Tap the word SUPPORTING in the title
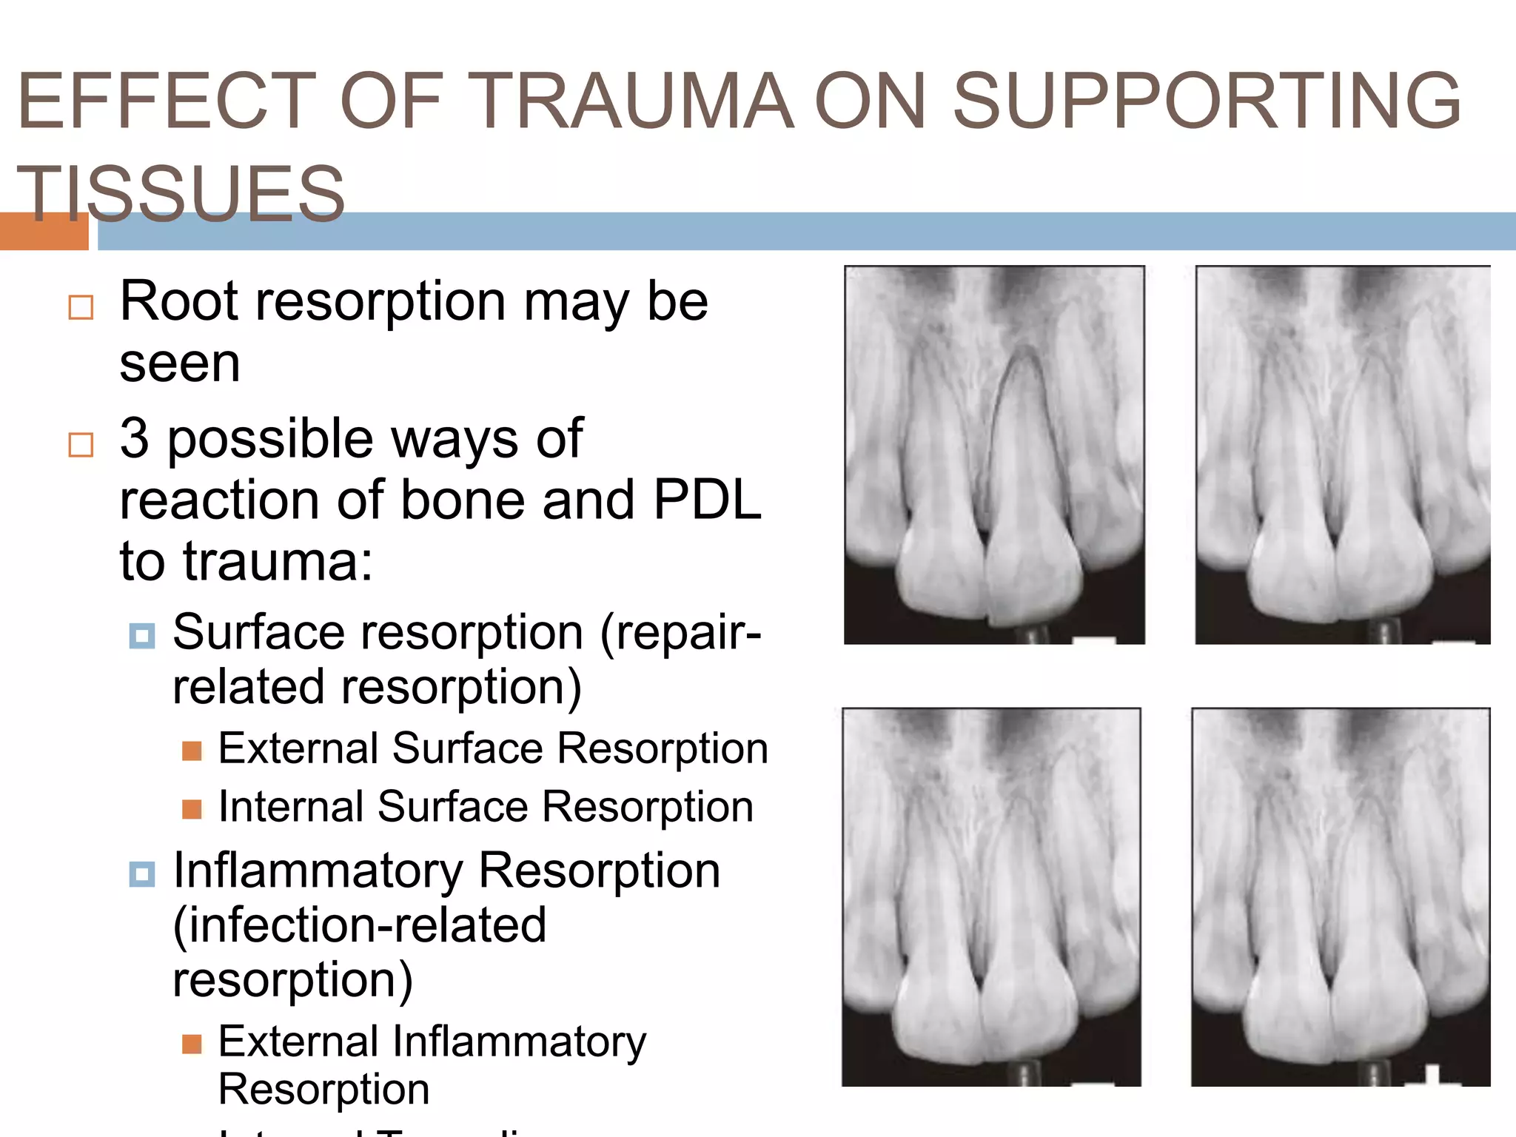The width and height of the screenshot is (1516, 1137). click(1207, 101)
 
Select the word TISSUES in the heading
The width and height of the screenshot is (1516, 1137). click(181, 194)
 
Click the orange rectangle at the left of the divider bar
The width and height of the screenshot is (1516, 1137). click(44, 232)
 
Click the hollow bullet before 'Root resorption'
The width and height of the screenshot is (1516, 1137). click(81, 307)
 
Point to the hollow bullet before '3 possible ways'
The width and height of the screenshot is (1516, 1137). click(81, 445)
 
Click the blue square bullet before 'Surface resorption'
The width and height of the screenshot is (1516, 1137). click(141, 635)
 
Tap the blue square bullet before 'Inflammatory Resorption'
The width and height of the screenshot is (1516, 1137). click(141, 873)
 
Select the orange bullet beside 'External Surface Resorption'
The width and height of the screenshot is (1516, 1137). click(192, 751)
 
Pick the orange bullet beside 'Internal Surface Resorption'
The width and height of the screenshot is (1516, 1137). click(192, 809)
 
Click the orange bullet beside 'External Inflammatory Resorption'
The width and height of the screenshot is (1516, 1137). click(192, 1044)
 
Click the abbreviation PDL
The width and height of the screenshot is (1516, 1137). click(707, 500)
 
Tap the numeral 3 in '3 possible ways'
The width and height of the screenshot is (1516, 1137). click(134, 438)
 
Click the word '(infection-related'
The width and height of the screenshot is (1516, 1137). click(360, 925)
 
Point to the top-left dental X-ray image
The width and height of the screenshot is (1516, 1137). click(994, 455)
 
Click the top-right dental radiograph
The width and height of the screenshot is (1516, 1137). click(1342, 455)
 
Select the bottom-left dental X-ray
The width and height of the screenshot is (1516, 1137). click(991, 896)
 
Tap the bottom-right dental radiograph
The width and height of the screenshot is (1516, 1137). click(1340, 896)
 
